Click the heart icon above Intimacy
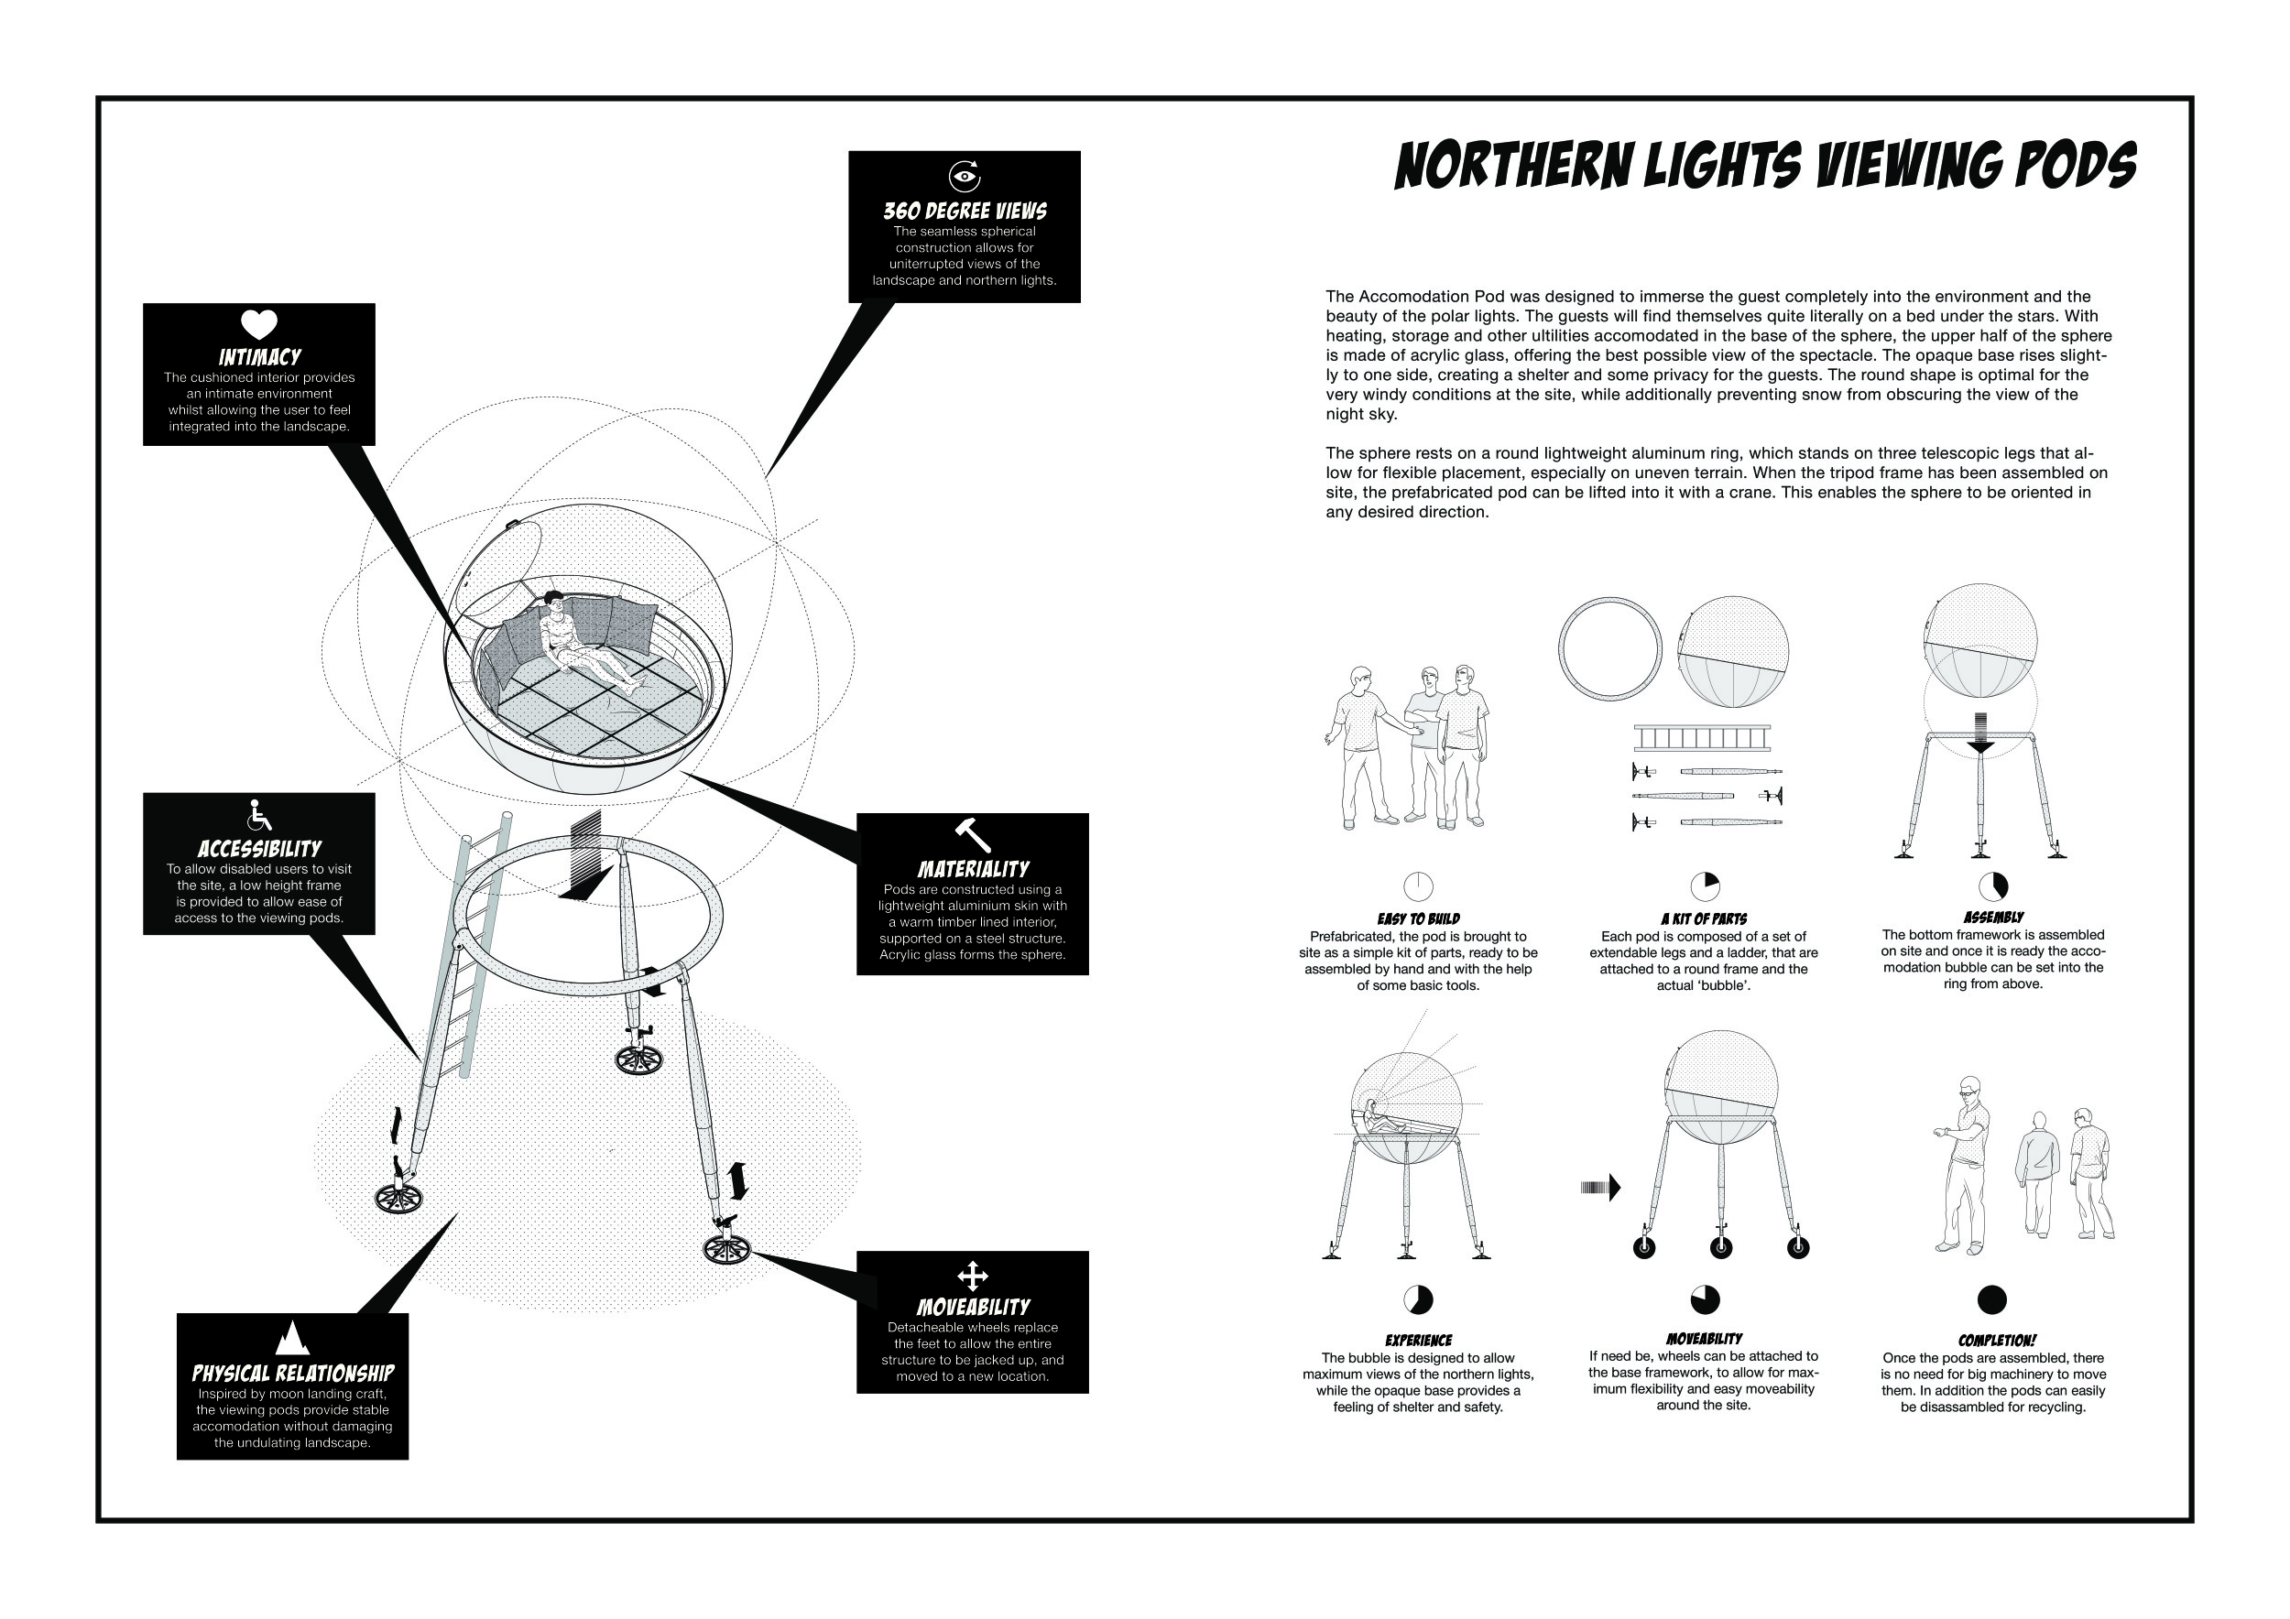point(258,325)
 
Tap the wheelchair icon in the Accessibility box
point(258,816)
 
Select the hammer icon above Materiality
point(972,834)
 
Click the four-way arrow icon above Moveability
point(972,1276)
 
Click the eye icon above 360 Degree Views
point(964,177)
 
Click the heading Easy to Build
point(1417,919)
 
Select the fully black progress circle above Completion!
point(1990,1300)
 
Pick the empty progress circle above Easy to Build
point(1417,886)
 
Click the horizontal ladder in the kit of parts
point(1702,739)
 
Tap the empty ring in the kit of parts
point(1609,649)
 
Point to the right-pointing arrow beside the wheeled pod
point(1601,1188)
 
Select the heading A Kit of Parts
point(1704,919)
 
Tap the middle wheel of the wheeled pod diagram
point(1720,1246)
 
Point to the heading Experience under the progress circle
point(1417,1341)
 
